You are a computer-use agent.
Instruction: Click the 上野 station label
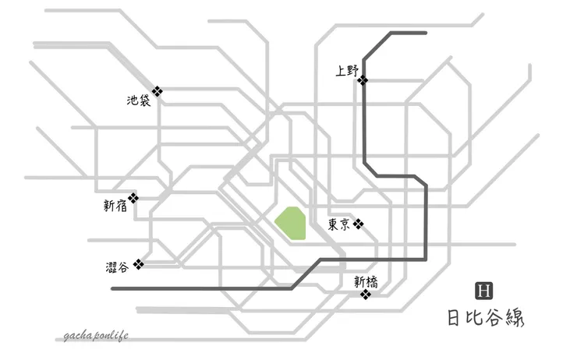(x=347, y=71)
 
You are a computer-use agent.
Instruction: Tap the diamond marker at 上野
(x=363, y=80)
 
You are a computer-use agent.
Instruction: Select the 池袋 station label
(x=139, y=100)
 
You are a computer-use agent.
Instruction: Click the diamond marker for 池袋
(x=158, y=91)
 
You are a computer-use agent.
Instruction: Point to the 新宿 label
(x=115, y=206)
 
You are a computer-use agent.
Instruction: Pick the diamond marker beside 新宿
(x=133, y=198)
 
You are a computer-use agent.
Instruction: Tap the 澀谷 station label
(x=117, y=267)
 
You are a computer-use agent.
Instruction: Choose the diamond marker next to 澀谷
(x=138, y=264)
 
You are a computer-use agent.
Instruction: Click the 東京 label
(x=339, y=224)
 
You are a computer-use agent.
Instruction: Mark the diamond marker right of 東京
(x=359, y=224)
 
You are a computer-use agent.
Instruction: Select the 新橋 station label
(x=366, y=282)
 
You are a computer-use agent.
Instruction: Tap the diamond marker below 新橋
(x=366, y=295)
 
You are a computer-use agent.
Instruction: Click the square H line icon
(x=484, y=291)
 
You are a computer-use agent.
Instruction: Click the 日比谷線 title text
(x=486, y=317)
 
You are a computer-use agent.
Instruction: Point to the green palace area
(x=290, y=223)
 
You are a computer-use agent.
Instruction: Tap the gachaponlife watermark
(x=96, y=335)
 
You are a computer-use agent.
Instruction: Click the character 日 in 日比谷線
(x=454, y=318)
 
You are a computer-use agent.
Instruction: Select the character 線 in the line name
(x=515, y=317)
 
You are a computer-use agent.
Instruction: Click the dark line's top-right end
(x=426, y=33)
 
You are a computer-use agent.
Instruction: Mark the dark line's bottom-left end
(x=112, y=289)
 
